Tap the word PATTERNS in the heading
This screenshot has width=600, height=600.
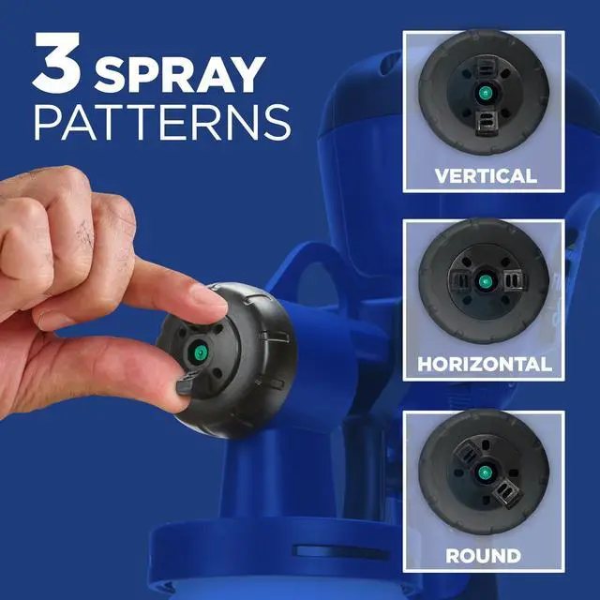point(161,121)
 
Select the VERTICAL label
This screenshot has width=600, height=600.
point(485,175)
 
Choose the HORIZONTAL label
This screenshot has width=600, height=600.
point(485,363)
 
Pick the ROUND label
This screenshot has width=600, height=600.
point(484,555)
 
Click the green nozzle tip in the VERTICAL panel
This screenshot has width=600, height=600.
point(485,94)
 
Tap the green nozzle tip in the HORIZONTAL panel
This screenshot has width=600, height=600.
point(485,281)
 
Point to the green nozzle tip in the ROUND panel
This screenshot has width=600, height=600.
point(485,472)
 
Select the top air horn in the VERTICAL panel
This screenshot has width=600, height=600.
point(485,67)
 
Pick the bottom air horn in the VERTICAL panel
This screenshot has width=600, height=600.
point(485,119)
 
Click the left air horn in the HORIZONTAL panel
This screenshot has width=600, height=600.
point(458,281)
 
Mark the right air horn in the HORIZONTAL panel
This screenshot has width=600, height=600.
point(511,281)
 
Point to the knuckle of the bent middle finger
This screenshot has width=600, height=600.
point(94,220)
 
